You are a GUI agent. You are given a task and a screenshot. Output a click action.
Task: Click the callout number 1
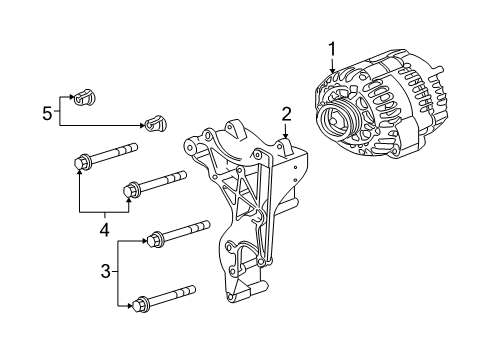(330, 47)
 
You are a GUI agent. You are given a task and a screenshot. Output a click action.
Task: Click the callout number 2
(286, 113)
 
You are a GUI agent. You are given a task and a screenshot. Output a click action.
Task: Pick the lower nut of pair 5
(153, 125)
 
